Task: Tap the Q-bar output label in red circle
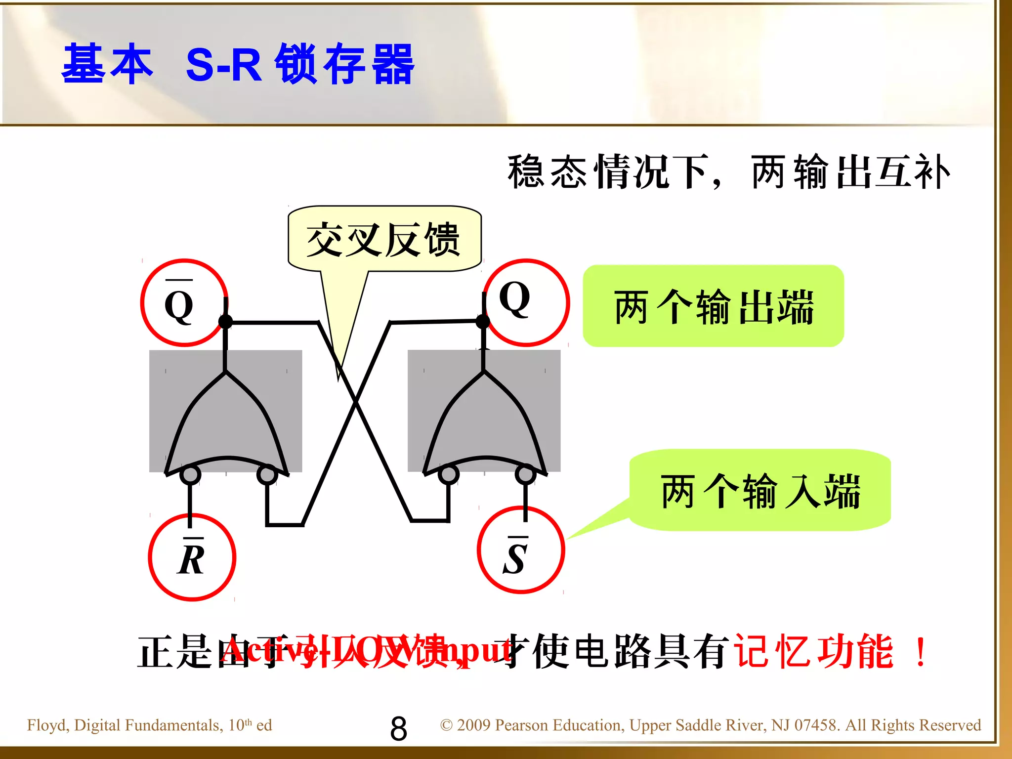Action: [x=179, y=304]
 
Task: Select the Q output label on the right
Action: [x=515, y=299]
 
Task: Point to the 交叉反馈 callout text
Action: [x=384, y=240]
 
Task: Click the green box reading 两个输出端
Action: [x=713, y=306]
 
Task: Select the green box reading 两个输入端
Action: [x=760, y=491]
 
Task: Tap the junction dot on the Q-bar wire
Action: [x=225, y=322]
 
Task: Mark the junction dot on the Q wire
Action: [x=483, y=322]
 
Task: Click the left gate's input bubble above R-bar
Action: [x=190, y=475]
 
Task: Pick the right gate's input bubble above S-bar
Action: [x=525, y=475]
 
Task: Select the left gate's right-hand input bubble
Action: [x=267, y=475]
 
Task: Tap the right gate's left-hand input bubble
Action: [x=449, y=475]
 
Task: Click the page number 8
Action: [x=398, y=728]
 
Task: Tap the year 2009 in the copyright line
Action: [x=474, y=725]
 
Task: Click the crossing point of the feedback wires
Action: [x=355, y=403]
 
